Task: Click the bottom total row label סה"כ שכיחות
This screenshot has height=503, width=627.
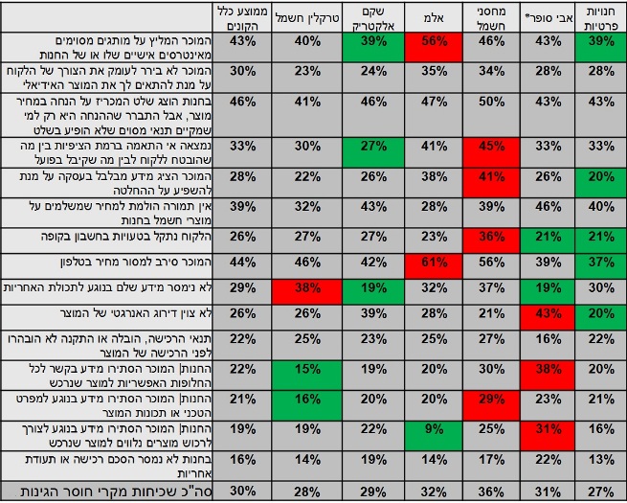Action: coord(108,491)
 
